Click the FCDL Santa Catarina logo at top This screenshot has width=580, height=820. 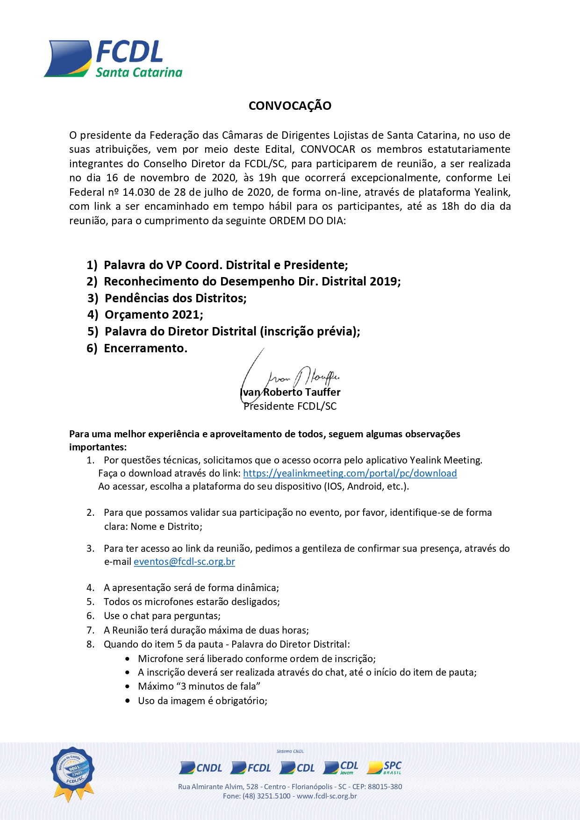click(113, 59)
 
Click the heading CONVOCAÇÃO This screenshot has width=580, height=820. click(290, 106)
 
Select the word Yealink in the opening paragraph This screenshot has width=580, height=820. click(492, 192)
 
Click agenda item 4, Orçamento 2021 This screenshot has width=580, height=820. click(153, 315)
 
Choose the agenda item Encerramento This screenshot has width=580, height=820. click(145, 349)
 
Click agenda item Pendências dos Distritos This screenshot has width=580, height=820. click(175, 298)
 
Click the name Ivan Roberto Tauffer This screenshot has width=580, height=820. click(290, 392)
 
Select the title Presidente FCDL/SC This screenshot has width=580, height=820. click(290, 406)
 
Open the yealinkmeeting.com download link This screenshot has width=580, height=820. click(350, 473)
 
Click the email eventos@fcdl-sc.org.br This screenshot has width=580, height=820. click(184, 562)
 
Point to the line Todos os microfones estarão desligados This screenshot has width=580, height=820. click(192, 602)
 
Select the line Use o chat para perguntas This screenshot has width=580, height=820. click(162, 616)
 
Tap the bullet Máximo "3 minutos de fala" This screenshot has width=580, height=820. click(199, 686)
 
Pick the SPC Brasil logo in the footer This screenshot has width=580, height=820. click(385, 768)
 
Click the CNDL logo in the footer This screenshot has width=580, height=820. click(201, 768)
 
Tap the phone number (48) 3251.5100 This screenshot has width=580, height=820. click(266, 796)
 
